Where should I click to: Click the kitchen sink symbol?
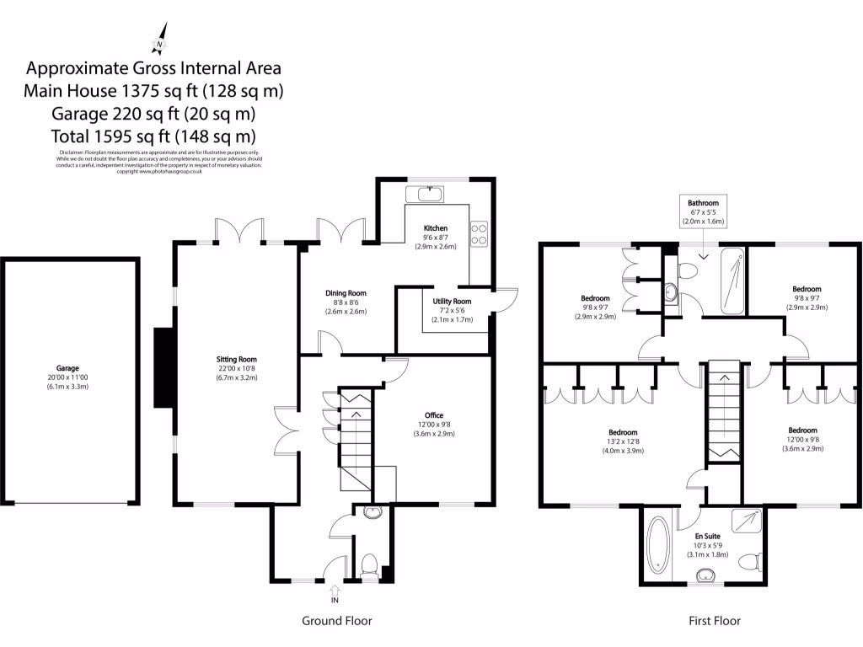pos(430,195)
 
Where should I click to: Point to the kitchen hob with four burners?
pos(480,233)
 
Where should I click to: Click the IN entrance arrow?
pos(335,592)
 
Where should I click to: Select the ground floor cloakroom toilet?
pos(368,565)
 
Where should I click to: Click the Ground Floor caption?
pos(336,621)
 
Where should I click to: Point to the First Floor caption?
pos(715,621)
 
